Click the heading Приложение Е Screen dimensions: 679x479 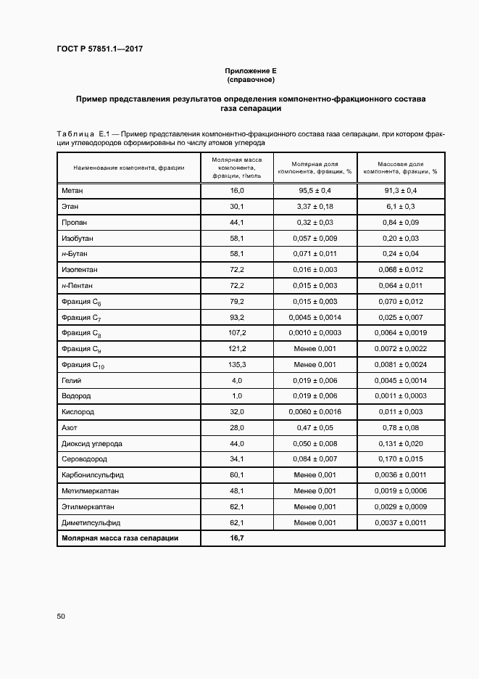250,70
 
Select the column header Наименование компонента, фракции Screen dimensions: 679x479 129,168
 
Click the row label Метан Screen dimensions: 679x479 73,190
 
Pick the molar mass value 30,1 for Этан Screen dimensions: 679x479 237,207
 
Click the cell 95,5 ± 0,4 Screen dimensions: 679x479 315,190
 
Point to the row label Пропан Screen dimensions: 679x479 75,223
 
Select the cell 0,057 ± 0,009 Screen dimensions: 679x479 315,238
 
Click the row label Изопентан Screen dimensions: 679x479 80,270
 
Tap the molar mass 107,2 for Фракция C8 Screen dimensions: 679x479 237,333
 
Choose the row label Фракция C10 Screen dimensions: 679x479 83,365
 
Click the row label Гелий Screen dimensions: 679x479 72,380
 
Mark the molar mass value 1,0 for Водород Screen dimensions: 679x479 237,396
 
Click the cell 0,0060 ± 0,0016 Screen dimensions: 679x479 315,412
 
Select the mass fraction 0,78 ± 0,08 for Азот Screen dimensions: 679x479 401,428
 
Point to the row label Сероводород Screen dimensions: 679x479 86,459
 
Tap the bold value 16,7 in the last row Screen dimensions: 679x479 237,538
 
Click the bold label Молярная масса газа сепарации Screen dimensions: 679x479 120,538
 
